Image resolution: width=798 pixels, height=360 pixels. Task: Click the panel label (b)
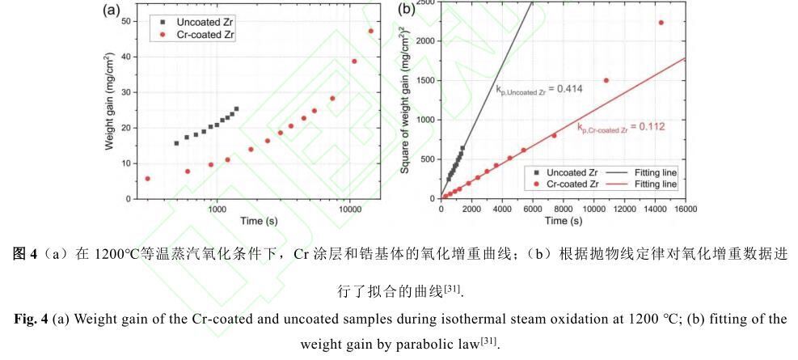(406, 9)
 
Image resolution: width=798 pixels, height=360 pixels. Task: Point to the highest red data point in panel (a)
(370, 31)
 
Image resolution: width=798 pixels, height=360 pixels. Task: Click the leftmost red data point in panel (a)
(148, 179)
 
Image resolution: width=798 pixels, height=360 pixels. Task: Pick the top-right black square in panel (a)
(236, 108)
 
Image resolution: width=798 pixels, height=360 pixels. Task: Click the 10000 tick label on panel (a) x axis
(348, 208)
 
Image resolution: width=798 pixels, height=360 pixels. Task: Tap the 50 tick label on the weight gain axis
(125, 21)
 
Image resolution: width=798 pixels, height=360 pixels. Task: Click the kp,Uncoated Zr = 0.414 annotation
(539, 90)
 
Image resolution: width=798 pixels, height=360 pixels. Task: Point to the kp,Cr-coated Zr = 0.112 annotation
(621, 127)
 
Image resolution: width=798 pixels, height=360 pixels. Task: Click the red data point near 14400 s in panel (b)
(661, 23)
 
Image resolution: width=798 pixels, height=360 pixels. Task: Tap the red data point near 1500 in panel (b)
(606, 80)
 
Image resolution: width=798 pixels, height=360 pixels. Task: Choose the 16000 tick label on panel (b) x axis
(685, 208)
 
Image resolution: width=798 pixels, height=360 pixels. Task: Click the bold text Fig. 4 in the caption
(30, 320)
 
